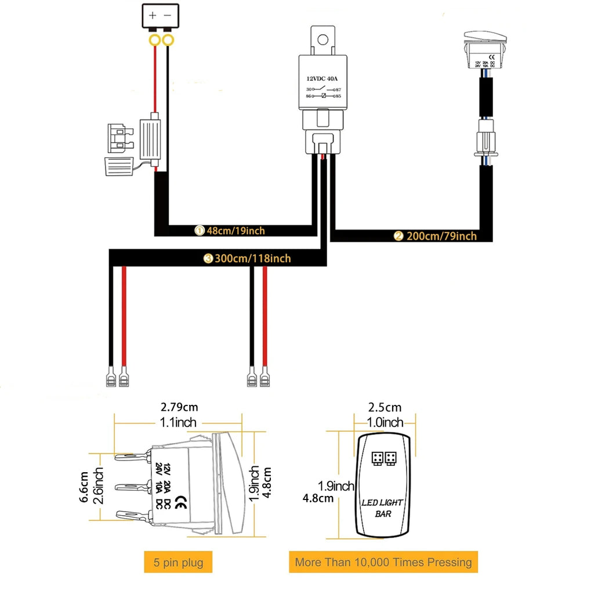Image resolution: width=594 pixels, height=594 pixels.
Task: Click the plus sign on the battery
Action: [x=153, y=16]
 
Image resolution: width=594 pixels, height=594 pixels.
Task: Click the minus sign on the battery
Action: [x=168, y=16]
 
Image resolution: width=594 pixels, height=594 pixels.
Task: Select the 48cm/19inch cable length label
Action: [x=236, y=231]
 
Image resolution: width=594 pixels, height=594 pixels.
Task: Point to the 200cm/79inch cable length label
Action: [x=441, y=236]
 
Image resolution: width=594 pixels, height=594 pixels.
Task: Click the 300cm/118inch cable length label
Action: [x=253, y=259]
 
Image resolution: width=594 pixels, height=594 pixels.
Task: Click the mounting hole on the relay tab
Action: [x=323, y=39]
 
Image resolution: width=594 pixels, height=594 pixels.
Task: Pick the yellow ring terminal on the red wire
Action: [x=154, y=41]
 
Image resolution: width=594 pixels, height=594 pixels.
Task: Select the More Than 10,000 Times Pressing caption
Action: [x=383, y=562]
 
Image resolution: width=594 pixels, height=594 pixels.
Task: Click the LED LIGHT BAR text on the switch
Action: [x=382, y=508]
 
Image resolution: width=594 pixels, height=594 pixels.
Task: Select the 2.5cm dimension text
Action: [x=385, y=408]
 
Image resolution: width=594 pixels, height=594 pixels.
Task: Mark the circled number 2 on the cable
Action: [x=398, y=236]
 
